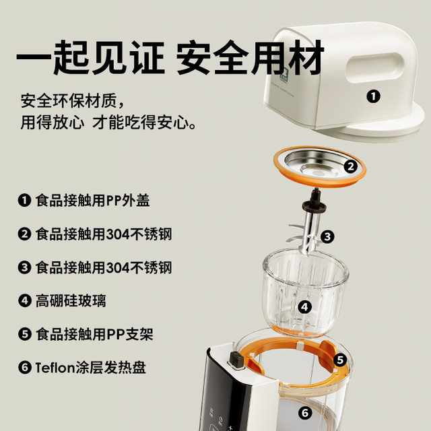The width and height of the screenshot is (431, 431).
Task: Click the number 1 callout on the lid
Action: (373, 96)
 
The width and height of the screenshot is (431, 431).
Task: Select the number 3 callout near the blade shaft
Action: (327, 236)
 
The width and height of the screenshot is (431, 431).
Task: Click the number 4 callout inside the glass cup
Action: (305, 307)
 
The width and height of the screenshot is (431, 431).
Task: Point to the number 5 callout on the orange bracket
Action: (341, 360)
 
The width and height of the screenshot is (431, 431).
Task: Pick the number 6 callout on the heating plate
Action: (305, 413)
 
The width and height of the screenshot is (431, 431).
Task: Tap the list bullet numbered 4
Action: (25, 301)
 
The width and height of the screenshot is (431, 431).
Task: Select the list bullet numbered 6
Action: (25, 368)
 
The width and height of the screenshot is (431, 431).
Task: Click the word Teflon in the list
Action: (58, 368)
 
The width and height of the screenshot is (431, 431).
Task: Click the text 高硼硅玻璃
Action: (71, 301)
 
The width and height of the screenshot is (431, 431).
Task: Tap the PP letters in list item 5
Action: (119, 335)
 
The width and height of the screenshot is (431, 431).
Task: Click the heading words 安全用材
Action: (251, 59)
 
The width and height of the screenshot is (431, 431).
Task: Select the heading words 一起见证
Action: (90, 59)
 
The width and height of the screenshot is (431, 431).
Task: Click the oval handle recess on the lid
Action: (375, 68)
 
